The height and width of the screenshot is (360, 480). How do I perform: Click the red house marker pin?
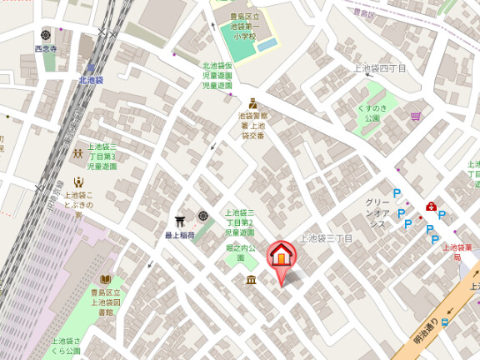[281, 254]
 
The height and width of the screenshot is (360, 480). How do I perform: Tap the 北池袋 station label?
[91, 80]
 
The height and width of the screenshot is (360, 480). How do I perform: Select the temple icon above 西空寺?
[45, 36]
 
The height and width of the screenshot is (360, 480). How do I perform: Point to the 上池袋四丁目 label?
[380, 67]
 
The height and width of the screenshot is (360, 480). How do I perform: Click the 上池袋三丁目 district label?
[327, 238]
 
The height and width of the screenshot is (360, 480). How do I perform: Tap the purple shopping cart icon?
[415, 117]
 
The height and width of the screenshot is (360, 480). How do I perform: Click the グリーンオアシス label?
[377, 212]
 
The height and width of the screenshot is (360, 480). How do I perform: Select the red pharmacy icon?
[431, 207]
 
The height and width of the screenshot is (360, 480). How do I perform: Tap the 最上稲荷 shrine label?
[178, 236]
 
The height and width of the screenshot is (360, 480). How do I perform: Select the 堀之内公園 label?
[241, 252]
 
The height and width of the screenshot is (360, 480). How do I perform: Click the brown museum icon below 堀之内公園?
[251, 281]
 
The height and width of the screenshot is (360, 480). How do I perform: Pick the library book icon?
[105, 279]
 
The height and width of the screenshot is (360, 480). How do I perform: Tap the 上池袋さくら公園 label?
[67, 346]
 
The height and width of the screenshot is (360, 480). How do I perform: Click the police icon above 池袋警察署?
[251, 103]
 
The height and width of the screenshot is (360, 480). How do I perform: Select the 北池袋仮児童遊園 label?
[217, 75]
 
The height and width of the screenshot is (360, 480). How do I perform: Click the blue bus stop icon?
[446, 322]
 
